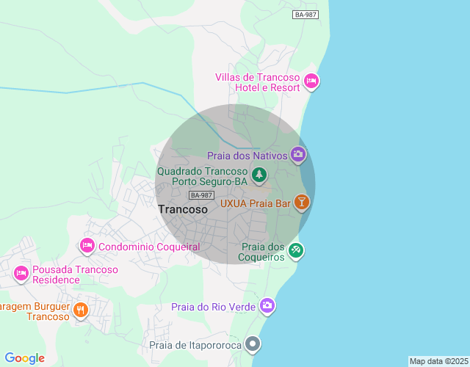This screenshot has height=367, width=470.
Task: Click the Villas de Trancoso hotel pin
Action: (x=311, y=81)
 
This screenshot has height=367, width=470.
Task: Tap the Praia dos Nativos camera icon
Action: (x=298, y=153)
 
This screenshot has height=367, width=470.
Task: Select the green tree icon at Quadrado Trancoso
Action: (x=258, y=175)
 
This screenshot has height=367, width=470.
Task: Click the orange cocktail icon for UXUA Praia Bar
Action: (x=301, y=202)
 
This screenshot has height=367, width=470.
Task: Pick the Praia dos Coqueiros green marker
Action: (x=295, y=250)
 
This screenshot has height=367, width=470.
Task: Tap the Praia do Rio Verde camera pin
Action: (x=267, y=305)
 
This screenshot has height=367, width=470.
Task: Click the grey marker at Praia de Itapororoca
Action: (x=253, y=343)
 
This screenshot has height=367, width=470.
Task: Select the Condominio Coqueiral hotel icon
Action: (x=87, y=246)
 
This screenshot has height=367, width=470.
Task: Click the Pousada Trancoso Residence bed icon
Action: (x=21, y=274)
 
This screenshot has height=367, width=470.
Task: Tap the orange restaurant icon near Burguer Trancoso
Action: (x=81, y=310)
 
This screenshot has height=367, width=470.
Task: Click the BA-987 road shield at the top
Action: (x=305, y=15)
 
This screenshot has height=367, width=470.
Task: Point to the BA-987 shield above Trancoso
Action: (x=201, y=195)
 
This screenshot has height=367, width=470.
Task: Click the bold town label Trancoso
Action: (x=183, y=209)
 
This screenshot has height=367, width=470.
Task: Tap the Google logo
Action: (x=24, y=358)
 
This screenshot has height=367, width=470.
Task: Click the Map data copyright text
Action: (x=438, y=361)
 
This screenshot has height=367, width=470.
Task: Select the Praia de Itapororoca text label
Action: (x=195, y=344)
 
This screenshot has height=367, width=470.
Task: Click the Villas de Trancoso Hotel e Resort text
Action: (x=258, y=83)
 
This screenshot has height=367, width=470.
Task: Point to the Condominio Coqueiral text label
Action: (x=149, y=247)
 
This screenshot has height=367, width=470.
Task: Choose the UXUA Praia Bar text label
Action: (x=256, y=203)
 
